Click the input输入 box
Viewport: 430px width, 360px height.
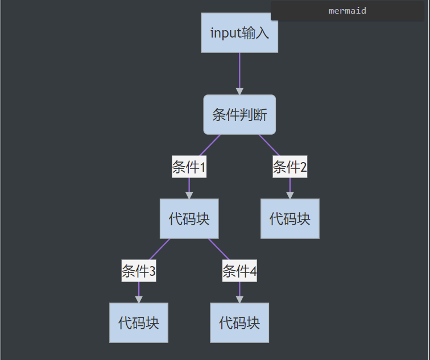point(239,33)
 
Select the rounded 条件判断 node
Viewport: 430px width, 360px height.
point(239,115)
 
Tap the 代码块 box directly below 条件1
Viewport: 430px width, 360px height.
point(189,219)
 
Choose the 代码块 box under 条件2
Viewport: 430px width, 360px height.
point(290,219)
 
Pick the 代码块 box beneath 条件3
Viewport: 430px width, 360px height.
point(139,323)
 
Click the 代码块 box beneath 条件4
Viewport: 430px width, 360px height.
point(239,323)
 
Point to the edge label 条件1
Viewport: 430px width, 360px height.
point(189,167)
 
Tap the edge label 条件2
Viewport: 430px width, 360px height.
point(290,167)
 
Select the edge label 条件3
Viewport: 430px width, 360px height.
point(139,271)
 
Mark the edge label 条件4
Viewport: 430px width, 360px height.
point(239,271)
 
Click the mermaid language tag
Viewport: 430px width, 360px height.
point(347,11)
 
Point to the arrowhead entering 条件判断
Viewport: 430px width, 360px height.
point(239,91)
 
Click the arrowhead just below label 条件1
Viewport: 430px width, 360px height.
point(189,195)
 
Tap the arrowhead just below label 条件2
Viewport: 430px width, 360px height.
point(290,195)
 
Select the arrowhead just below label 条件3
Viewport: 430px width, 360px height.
point(139,299)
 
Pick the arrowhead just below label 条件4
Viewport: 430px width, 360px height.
point(239,299)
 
